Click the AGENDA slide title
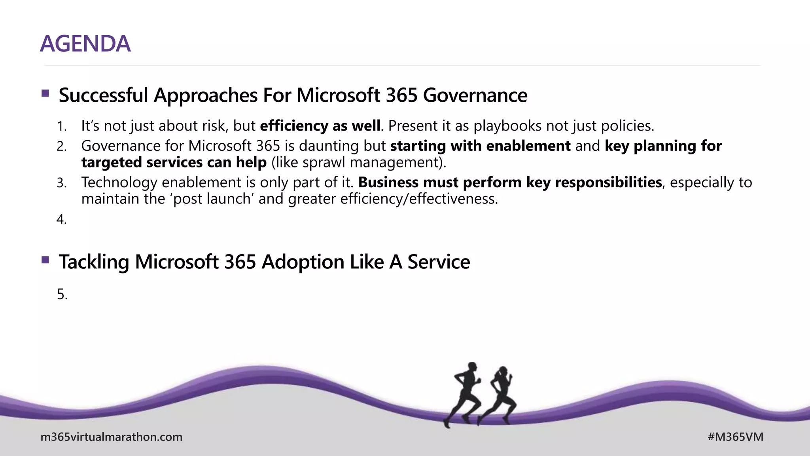coord(85,44)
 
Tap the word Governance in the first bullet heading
coord(475,95)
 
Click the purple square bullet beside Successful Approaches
coord(45,93)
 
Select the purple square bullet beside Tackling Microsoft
coord(45,260)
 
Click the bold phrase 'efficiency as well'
coord(320,126)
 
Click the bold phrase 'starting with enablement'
coord(480,146)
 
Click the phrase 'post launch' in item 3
coord(212,199)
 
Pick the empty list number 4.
coord(61,219)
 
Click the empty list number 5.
coord(62,294)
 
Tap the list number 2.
coord(61,146)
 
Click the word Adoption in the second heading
coord(303,262)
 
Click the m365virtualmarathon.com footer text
coord(112,437)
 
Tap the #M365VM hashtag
coord(735,437)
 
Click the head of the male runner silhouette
coord(472,367)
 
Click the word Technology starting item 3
coord(119,182)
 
